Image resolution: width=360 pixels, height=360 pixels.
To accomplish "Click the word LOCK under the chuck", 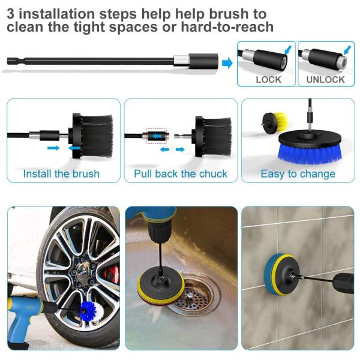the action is coord(268,80).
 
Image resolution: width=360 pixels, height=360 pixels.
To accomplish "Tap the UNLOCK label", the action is coord(325,80).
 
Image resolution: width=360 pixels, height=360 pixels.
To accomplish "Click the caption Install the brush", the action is coord(61,173).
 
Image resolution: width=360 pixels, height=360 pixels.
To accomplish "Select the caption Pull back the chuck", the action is coord(181,173).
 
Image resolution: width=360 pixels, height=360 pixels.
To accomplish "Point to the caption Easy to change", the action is coord(298,174).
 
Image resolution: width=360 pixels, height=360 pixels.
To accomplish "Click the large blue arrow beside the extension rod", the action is coord(227,63).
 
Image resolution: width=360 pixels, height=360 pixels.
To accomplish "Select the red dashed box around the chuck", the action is coord(157,136).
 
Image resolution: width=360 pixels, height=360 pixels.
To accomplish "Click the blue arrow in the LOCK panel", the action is coord(288,50).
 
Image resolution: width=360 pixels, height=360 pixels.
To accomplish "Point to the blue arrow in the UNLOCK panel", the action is coord(347,50).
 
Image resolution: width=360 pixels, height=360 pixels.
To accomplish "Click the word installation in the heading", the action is coord(56,14).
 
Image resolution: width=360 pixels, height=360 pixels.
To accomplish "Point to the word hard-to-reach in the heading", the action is coord(227,27).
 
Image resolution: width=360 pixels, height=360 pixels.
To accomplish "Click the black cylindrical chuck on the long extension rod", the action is coord(203,61).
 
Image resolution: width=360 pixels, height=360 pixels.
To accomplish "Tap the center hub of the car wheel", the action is coord(82,271).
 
